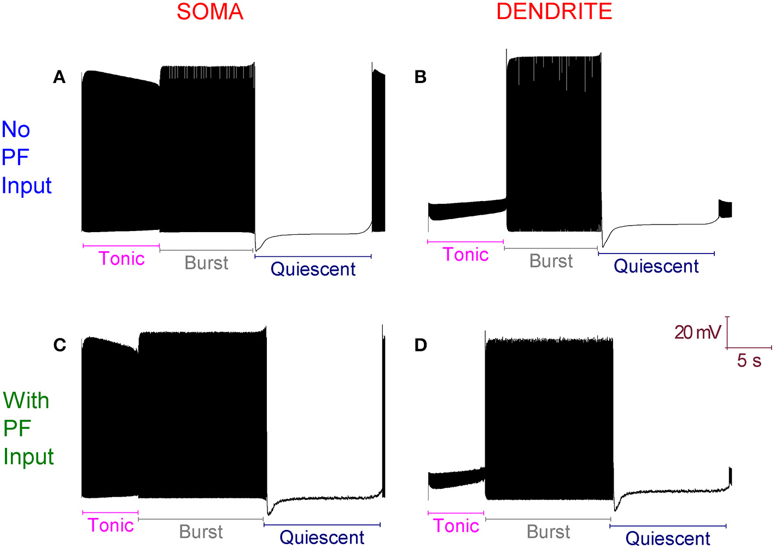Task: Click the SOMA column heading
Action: pos(210,12)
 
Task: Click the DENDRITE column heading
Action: pos(554,12)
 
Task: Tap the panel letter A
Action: pos(59,78)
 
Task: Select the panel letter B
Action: pos(420,78)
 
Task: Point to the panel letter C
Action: pos(60,345)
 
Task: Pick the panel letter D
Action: pos(421,345)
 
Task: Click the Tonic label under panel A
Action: pos(121,258)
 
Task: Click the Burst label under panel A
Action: pos(206,263)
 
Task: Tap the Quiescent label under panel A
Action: pos(313,269)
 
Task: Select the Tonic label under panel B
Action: pos(465,255)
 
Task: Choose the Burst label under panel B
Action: pos(551,261)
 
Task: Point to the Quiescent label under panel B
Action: pos(656,266)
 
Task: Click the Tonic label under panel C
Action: pos(111,526)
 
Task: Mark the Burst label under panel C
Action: pos(201,532)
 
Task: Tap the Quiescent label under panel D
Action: pos(668,539)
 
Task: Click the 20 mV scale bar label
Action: pos(697,332)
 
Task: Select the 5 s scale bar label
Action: pos(749,361)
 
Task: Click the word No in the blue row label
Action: pos(16,130)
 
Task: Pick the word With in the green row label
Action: pos(26,401)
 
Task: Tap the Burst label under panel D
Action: pos(548,532)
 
